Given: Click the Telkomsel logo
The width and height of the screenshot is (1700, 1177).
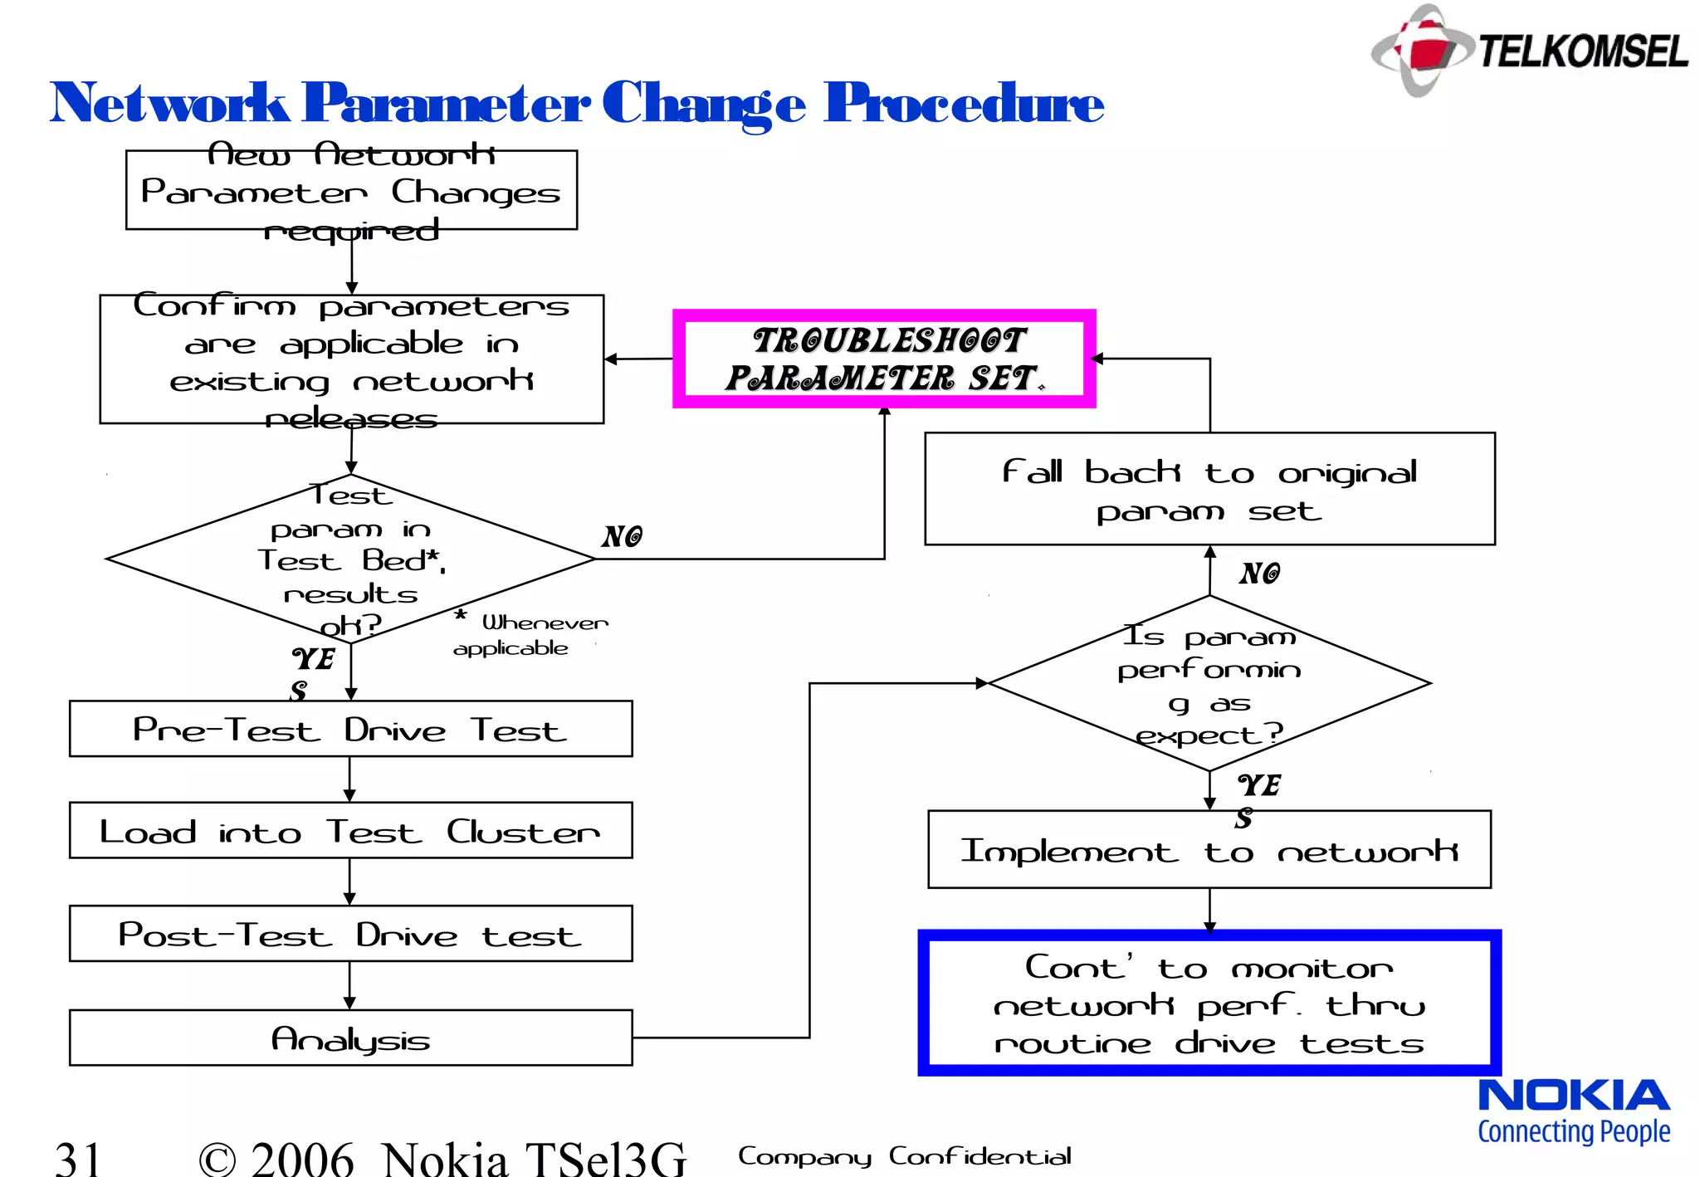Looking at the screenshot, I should pos(1529,50).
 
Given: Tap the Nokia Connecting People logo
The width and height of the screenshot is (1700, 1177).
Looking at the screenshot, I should pos(1574,1111).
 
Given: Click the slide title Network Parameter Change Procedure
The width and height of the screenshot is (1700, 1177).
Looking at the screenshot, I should pos(576,104).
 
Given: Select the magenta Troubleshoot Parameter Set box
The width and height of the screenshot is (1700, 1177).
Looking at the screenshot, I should pos(884,359).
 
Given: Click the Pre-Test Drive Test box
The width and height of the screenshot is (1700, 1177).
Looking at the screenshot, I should pos(350,729).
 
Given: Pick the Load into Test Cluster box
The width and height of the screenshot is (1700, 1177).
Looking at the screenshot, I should pos(350,830).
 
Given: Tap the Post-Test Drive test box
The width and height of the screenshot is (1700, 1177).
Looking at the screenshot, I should pos(350,934).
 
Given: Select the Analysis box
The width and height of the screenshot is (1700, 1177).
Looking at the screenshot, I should pos(350,1038).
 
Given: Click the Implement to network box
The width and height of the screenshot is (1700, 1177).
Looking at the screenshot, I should pos(1209,850).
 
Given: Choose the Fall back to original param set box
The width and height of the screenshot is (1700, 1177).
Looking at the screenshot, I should pos(1209,489).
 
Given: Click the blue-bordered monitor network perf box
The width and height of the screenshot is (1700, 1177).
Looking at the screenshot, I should pos(1209,1003).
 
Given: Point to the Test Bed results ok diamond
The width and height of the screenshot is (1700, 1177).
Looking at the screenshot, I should pos(350,559).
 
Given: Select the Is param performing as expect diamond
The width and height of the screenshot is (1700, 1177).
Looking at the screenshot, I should pos(1209,683).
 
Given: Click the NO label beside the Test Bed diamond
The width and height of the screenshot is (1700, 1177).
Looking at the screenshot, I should pos(623,536).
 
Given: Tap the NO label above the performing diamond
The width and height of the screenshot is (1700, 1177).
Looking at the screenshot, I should pos(1260,573).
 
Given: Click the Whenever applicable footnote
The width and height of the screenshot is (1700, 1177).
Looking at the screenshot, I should pos(531,635).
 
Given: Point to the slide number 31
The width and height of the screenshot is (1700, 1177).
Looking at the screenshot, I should pos(78,1156).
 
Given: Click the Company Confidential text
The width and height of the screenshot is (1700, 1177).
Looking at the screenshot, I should pos(904,1156).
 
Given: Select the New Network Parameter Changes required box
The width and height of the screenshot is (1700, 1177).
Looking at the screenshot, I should pos(351,190).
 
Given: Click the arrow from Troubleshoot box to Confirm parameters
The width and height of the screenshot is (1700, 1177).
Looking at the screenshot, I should pos(638,359).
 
